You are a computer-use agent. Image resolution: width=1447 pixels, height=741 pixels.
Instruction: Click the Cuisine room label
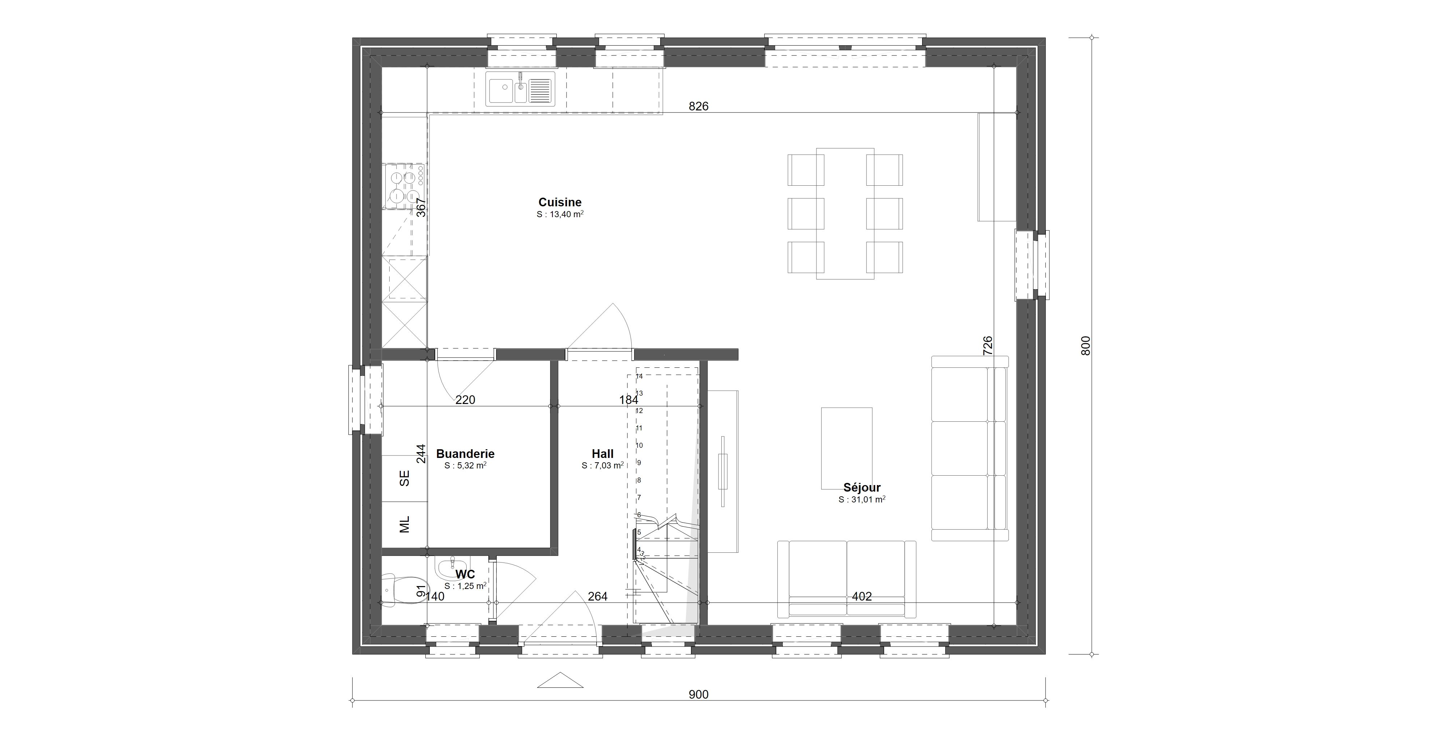[x=560, y=202]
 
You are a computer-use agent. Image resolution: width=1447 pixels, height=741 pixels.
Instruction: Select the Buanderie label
[x=465, y=454]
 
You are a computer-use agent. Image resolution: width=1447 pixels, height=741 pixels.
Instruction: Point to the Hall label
[x=602, y=454]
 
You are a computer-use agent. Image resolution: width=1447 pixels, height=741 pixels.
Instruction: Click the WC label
[x=465, y=574]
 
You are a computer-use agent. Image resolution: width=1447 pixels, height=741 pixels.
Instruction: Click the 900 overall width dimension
[x=699, y=694]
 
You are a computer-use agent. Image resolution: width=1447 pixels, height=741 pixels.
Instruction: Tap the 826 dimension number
[x=699, y=106]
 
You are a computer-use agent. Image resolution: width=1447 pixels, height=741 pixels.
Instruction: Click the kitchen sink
[x=520, y=89]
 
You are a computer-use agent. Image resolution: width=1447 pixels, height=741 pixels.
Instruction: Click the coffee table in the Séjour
[x=846, y=448]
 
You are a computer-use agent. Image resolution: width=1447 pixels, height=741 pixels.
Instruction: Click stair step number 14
[x=639, y=376]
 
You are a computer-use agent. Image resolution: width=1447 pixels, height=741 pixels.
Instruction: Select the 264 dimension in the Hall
[x=598, y=597]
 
